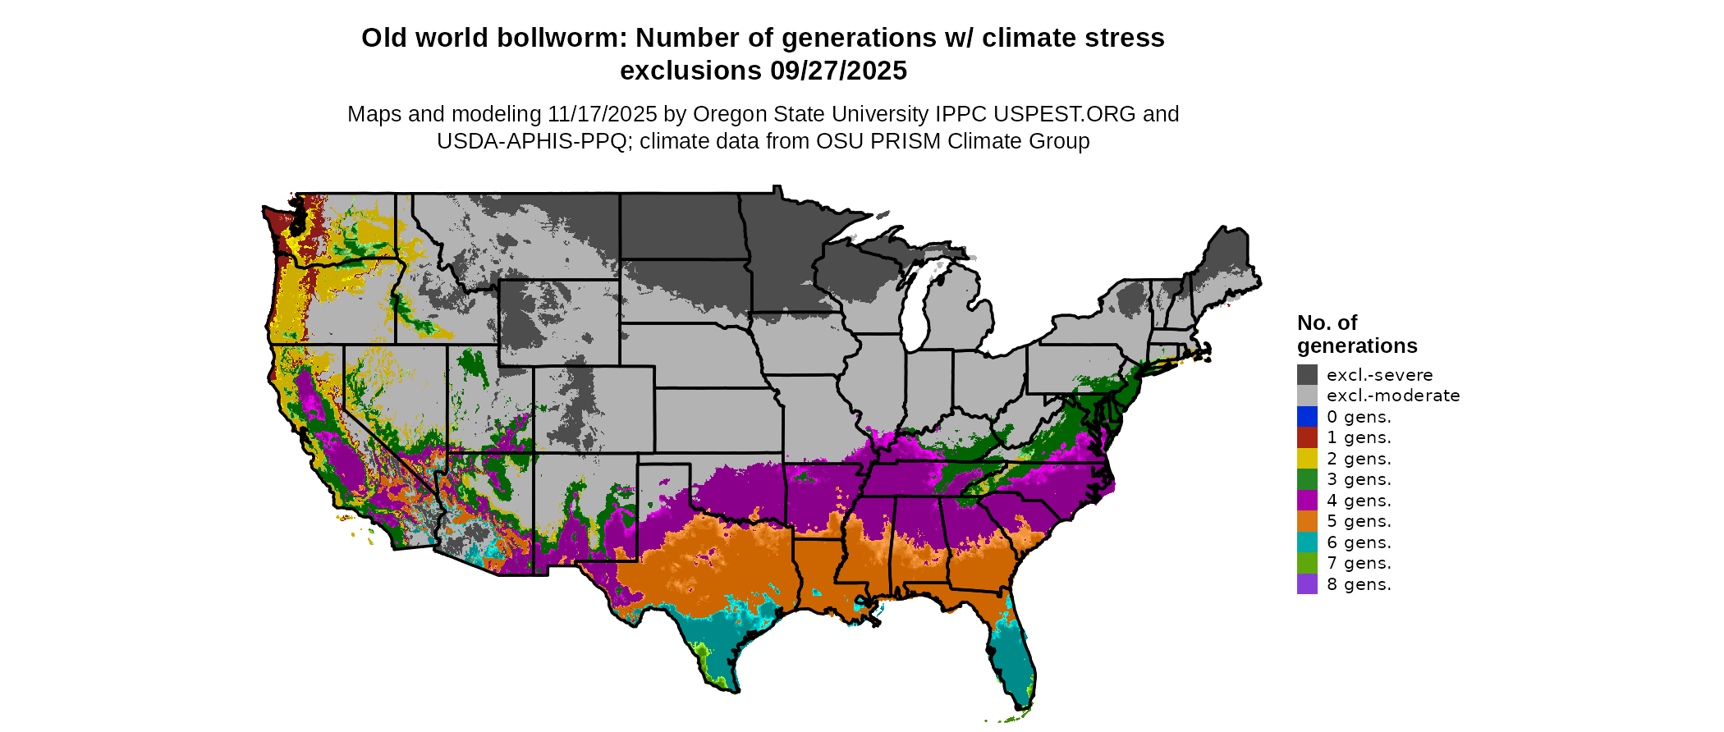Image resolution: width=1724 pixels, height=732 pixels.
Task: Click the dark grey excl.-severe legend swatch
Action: point(1307,375)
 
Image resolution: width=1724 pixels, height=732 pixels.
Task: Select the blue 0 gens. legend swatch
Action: point(1307,417)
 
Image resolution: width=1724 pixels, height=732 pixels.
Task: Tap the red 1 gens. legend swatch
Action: point(1307,437)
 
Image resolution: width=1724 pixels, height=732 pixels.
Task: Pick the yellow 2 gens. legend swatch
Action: point(1307,459)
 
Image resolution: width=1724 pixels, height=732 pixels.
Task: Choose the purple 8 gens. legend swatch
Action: point(1307,584)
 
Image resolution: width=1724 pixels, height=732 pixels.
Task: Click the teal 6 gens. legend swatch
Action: point(1307,542)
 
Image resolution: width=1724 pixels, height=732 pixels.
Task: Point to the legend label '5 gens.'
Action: point(1359,521)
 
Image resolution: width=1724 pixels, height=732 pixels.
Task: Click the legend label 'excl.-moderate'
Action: point(1393,396)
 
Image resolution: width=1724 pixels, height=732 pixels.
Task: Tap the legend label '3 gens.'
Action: point(1359,479)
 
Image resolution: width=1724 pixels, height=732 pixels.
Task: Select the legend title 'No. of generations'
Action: point(1356,334)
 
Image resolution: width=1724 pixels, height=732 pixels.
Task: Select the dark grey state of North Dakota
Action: point(681,226)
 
